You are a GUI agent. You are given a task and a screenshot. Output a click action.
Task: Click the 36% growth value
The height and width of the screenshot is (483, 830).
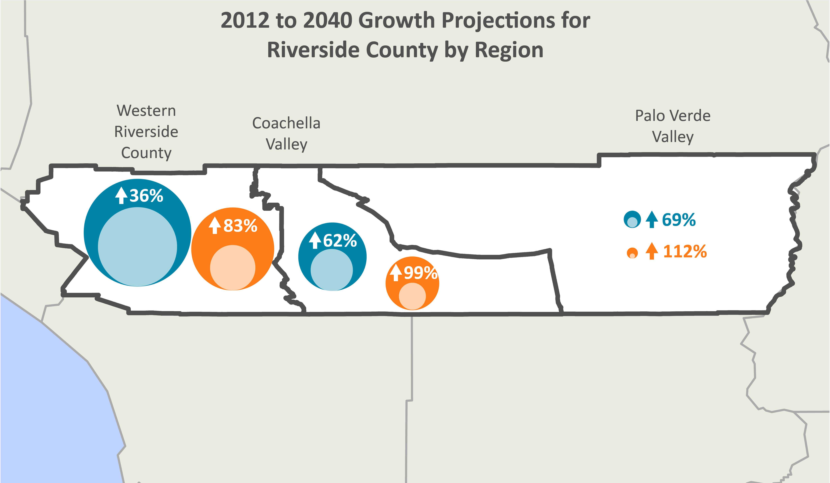click(146, 196)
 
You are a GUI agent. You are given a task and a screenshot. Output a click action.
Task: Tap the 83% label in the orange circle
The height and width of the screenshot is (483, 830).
click(240, 226)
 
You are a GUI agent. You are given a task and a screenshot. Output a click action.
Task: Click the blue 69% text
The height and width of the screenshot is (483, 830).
click(679, 220)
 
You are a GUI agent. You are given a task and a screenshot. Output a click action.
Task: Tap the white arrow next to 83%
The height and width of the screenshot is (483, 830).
click(215, 225)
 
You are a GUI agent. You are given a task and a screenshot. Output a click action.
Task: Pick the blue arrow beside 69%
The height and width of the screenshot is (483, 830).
click(652, 220)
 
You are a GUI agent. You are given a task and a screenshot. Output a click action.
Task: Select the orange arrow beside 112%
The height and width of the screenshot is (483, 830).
click(652, 251)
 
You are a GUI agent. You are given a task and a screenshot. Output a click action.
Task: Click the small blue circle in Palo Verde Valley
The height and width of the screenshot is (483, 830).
click(632, 219)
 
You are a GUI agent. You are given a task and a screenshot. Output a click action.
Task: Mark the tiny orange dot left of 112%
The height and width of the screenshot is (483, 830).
click(632, 253)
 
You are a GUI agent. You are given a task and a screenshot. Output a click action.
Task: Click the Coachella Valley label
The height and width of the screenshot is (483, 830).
click(286, 134)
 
